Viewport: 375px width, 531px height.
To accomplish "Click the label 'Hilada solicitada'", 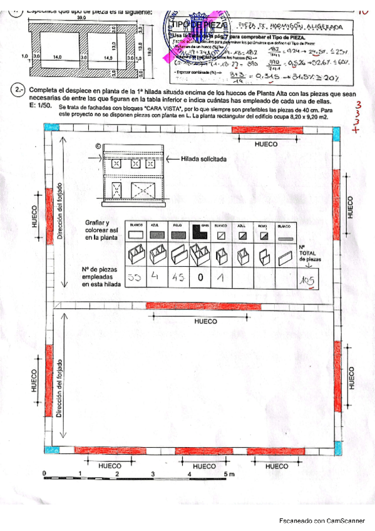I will click(x=203, y=159).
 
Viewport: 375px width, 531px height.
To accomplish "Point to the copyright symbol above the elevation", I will click(x=98, y=148).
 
